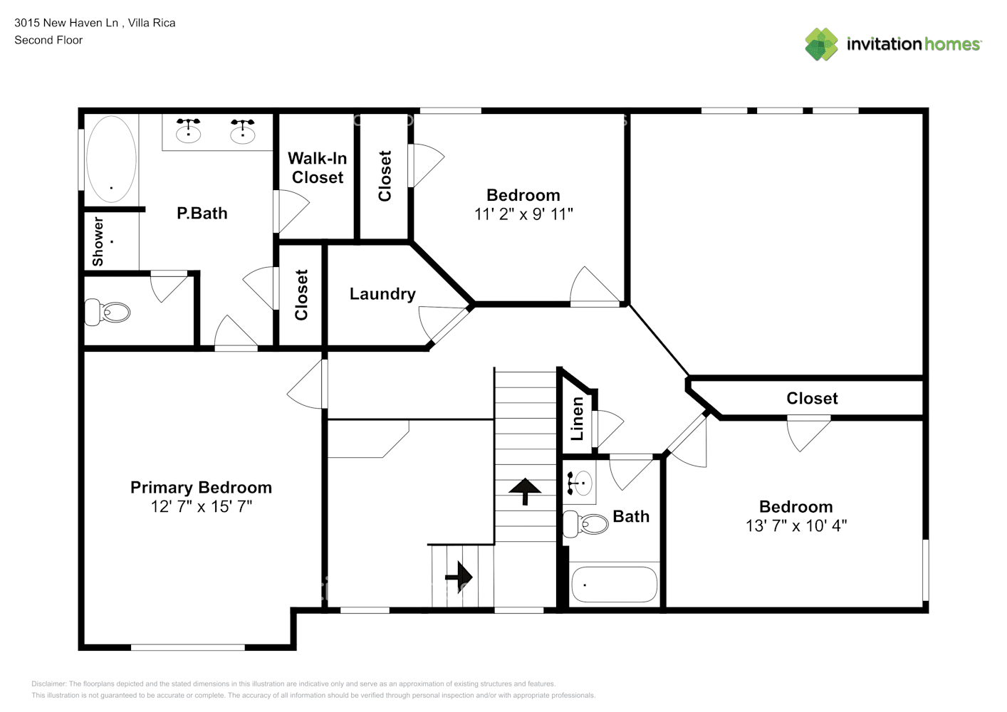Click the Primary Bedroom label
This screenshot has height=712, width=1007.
point(201,488)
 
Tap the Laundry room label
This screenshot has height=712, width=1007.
point(382,294)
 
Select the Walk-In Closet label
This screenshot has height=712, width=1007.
point(318,168)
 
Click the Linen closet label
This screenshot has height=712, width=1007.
point(578,419)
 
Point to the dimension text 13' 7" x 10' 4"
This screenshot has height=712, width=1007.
point(795,526)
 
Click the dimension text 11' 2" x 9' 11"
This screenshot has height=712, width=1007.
point(523,214)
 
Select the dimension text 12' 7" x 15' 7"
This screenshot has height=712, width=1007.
point(201,507)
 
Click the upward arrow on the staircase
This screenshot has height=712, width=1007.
point(526,491)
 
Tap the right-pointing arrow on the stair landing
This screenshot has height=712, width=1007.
point(459,576)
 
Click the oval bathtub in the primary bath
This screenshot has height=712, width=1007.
point(111,159)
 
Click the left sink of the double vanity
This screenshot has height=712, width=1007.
point(189,130)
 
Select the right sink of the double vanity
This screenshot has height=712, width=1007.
point(243,130)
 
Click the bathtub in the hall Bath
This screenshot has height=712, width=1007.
point(614,585)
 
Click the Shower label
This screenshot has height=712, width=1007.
point(98,242)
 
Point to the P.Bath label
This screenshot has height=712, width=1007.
point(202,214)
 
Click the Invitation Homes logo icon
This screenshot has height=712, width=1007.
point(821,44)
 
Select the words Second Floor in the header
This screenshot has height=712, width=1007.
point(48,41)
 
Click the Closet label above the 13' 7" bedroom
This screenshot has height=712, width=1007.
point(812,399)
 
